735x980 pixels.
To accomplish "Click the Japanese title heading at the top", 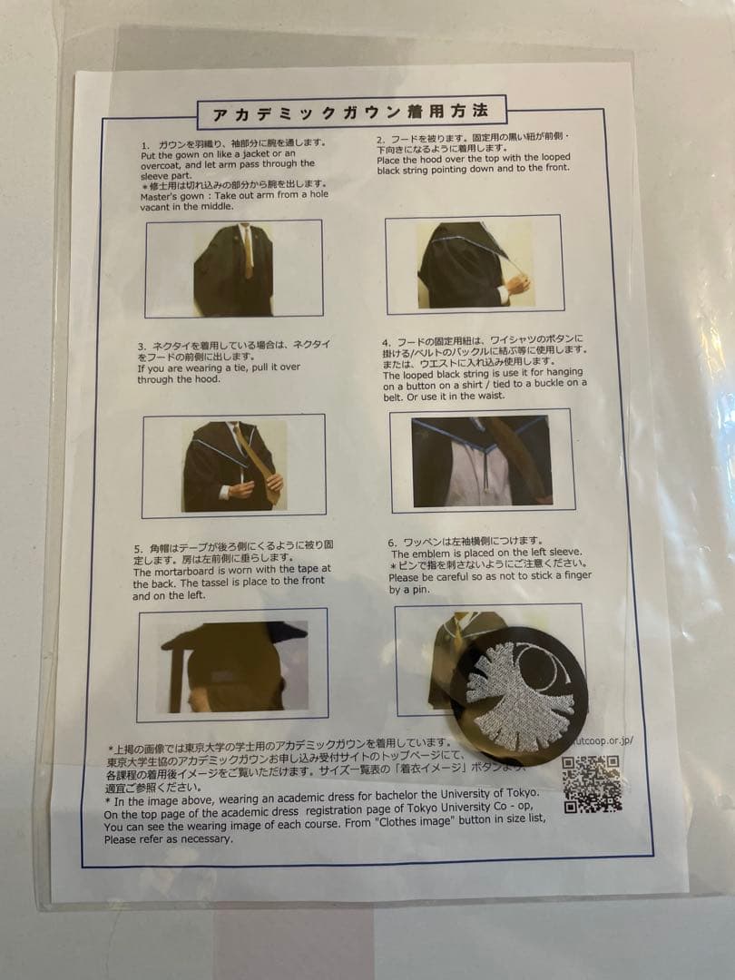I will [x=349, y=113].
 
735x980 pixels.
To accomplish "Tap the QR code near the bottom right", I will [x=592, y=783].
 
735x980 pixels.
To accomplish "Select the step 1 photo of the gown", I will [x=233, y=268].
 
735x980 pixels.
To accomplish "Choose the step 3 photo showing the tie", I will [x=233, y=465].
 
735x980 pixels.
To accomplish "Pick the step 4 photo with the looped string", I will [x=481, y=460].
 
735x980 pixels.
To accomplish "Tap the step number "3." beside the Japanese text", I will [x=142, y=346].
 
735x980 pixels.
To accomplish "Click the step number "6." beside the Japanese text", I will [x=393, y=542].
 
